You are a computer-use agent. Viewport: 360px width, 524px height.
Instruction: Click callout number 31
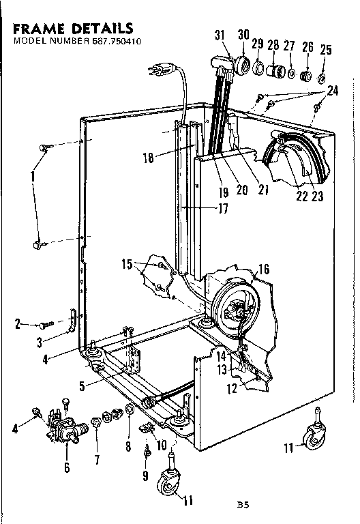point(219,35)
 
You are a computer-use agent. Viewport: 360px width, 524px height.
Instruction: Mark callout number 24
point(332,90)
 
